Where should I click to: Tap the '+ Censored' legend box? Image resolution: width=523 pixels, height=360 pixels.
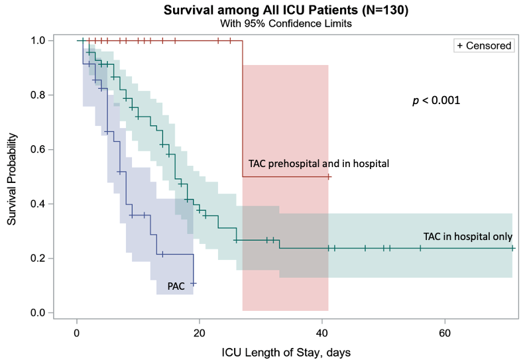[x=484, y=46]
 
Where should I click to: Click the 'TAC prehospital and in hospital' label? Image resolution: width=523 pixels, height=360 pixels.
[x=318, y=163]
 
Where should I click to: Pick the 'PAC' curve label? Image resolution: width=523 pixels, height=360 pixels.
[x=176, y=286]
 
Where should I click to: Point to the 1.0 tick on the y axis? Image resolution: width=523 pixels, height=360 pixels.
[x=38, y=40]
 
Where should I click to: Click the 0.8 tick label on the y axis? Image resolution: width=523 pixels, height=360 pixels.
[x=38, y=95]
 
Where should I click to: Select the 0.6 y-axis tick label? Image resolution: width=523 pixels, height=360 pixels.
[x=38, y=149]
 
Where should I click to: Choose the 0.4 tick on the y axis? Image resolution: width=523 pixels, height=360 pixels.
[x=38, y=204]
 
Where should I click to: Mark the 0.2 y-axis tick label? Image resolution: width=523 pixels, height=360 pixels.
[x=38, y=258]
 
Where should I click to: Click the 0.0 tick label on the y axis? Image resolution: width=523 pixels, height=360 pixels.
[x=38, y=312]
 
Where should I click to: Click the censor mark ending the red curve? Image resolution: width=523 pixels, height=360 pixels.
[x=329, y=177]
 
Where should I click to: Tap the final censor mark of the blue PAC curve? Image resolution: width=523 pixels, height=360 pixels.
[x=194, y=283]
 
